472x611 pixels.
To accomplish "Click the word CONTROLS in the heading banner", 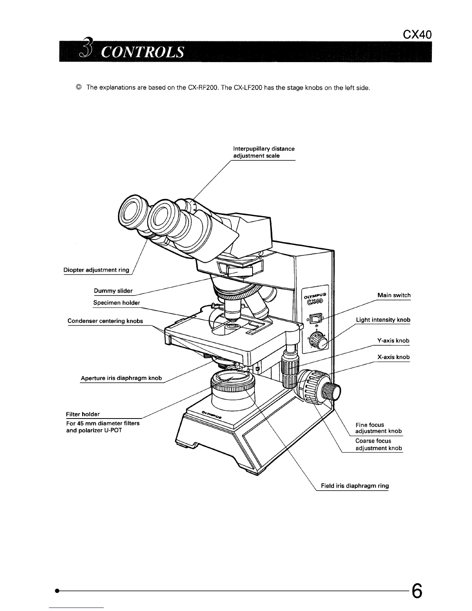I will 142,52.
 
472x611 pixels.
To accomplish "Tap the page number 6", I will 416,590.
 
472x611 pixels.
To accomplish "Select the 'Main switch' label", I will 394,295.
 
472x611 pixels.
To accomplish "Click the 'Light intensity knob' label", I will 383,320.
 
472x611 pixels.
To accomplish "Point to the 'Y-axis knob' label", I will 393,341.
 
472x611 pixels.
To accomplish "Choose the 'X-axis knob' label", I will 393,357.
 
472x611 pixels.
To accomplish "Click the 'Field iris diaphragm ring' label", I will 355,486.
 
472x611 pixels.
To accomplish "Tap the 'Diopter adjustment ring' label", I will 96,270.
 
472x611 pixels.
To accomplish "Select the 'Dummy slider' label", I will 113,291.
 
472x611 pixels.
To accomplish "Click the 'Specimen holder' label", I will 116,303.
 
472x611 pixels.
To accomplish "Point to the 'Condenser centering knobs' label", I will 105,321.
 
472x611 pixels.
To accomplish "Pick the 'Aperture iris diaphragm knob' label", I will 121,378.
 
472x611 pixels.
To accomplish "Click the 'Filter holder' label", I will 83,414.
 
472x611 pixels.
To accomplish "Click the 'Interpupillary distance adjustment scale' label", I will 264,152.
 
